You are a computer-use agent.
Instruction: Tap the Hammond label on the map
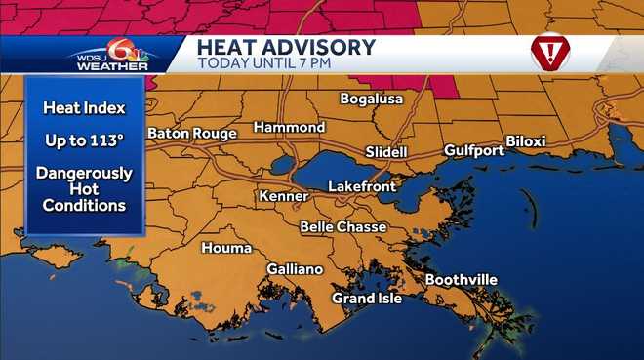tap(289, 128)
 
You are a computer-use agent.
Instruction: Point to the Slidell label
tap(386, 152)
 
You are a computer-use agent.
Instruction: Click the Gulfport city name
tap(474, 150)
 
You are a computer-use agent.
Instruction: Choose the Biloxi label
tap(526, 141)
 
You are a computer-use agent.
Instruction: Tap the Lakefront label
tap(359, 185)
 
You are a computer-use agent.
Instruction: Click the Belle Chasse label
tap(342, 227)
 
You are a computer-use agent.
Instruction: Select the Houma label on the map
tap(226, 248)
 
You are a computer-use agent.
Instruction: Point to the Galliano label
tap(295, 269)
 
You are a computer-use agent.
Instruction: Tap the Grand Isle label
tap(367, 298)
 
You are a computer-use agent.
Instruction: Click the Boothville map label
tap(461, 280)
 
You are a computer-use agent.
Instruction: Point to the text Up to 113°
tap(84, 140)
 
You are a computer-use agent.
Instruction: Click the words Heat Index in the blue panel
tap(84, 107)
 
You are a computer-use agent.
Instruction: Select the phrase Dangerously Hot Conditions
tap(84, 189)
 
